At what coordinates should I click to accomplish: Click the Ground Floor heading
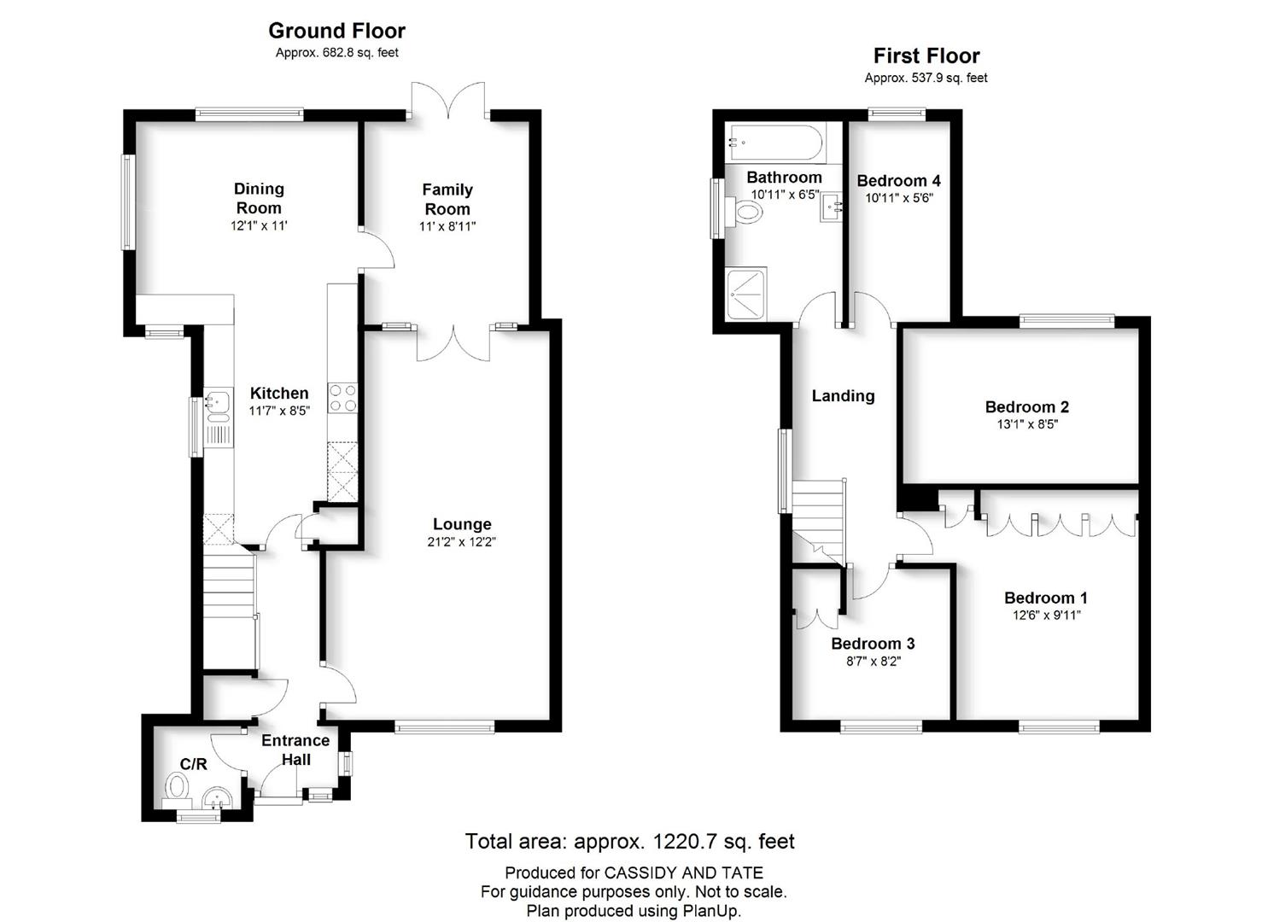pyautogui.click(x=336, y=31)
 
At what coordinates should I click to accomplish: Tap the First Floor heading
pyautogui.click(x=926, y=55)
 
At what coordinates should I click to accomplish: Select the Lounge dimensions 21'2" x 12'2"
pyautogui.click(x=461, y=541)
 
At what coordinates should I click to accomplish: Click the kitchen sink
pyautogui.click(x=218, y=404)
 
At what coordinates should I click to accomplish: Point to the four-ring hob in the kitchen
pyautogui.click(x=343, y=397)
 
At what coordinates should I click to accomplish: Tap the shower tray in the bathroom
pyautogui.click(x=746, y=295)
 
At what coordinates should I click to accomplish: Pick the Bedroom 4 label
pyautogui.click(x=899, y=180)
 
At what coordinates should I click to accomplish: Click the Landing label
pyautogui.click(x=843, y=396)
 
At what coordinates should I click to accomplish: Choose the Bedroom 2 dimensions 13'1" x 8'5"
pyautogui.click(x=1027, y=424)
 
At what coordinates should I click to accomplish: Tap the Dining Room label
pyautogui.click(x=259, y=198)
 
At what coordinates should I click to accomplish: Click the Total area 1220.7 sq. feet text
pyautogui.click(x=629, y=842)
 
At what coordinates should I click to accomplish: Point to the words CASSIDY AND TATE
pyautogui.click(x=684, y=872)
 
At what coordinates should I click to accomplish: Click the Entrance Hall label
pyautogui.click(x=295, y=750)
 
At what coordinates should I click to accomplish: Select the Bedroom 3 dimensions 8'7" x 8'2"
pyautogui.click(x=874, y=661)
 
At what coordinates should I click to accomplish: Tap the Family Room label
pyautogui.click(x=447, y=199)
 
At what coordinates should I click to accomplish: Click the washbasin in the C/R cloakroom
pyautogui.click(x=217, y=799)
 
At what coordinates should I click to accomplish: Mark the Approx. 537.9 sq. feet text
pyautogui.click(x=926, y=78)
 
